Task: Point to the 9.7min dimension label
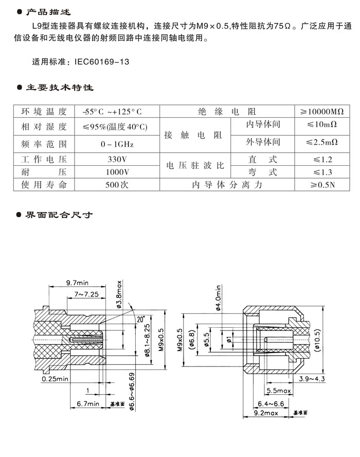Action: click(x=78, y=283)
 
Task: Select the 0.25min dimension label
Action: click(x=55, y=379)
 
